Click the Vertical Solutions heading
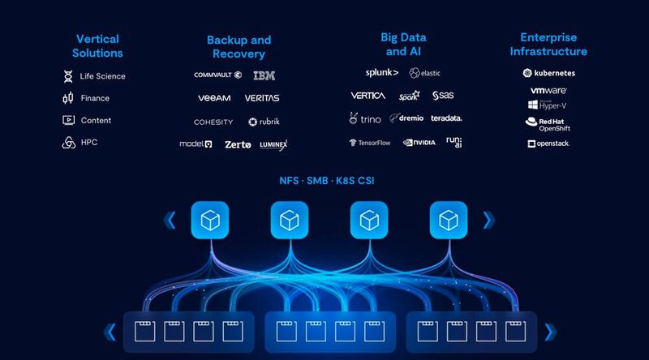point(99,46)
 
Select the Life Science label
point(102,76)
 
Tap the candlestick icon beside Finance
point(68,98)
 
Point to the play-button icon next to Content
point(68,120)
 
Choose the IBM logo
point(264,75)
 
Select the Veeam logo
point(214,98)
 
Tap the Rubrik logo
point(264,122)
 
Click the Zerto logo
point(238,144)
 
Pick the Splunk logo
point(381,73)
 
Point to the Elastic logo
point(425,73)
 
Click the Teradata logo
point(446,118)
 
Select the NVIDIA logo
point(419,143)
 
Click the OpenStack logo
point(548,144)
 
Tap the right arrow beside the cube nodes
point(487,219)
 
